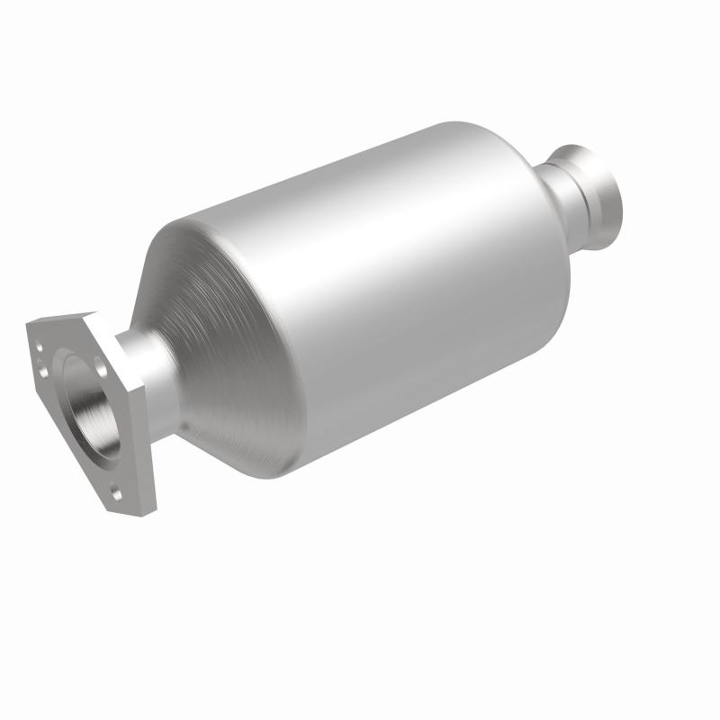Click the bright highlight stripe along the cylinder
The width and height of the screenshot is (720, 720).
[x=387, y=261]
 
